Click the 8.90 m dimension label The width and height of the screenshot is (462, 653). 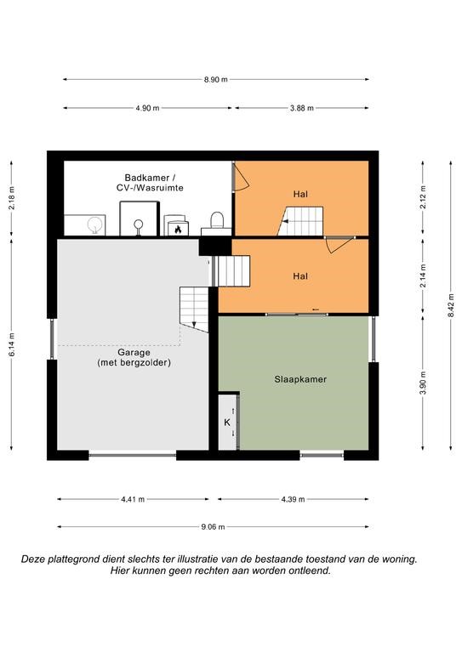[216, 80]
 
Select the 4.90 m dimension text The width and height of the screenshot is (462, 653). [147, 108]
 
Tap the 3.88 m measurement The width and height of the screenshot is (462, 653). [302, 108]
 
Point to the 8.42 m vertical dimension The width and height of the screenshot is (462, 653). [451, 305]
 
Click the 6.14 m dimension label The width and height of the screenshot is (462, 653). [12, 344]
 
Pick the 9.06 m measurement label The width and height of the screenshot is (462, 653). [213, 527]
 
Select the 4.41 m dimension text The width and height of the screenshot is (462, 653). [133, 499]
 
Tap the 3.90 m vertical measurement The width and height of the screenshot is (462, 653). [423, 383]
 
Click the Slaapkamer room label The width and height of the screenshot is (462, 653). [300, 379]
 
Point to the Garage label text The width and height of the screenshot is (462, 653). [134, 352]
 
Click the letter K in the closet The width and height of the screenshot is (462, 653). [227, 423]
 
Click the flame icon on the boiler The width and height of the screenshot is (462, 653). [179, 229]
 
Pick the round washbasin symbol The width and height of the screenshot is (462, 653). [96, 224]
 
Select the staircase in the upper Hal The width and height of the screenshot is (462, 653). [301, 221]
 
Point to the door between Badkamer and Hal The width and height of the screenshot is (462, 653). [241, 177]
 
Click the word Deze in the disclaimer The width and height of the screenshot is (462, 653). [32, 559]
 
